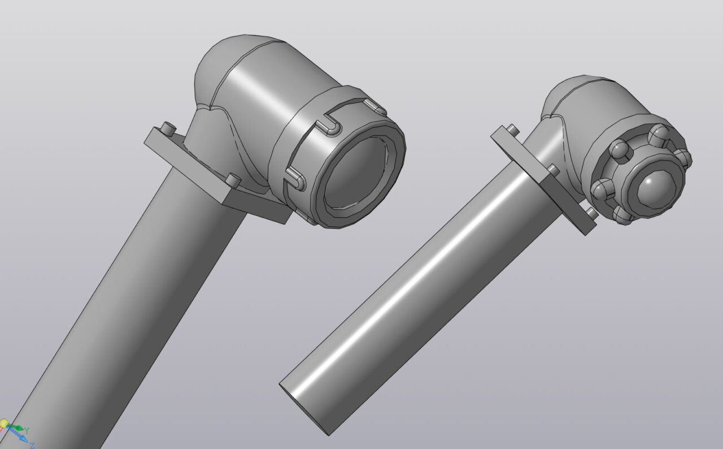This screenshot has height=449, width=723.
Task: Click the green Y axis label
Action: point(27,430)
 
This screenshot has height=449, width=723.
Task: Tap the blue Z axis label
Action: point(32,446)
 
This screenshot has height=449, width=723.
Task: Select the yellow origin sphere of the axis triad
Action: point(3,424)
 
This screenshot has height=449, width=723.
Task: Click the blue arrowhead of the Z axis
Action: point(23,438)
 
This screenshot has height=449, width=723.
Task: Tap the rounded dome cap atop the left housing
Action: point(226,64)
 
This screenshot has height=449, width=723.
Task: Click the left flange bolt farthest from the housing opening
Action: point(168,128)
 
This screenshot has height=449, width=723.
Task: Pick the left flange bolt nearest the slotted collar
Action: point(233,180)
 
